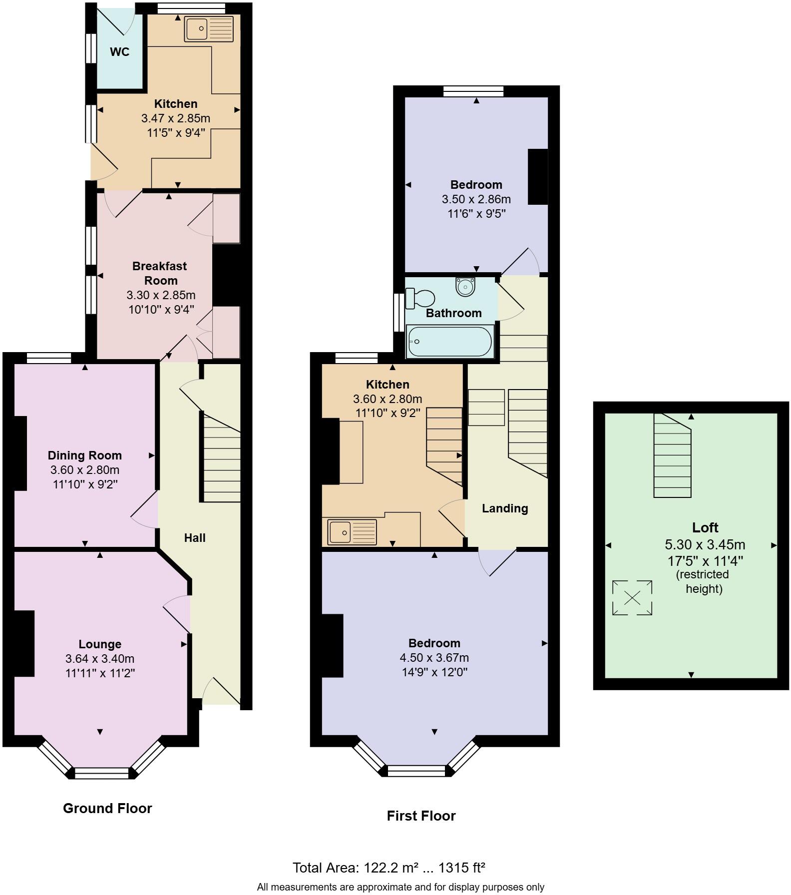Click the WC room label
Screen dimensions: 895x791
coord(119,52)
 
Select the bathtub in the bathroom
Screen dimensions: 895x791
coord(450,342)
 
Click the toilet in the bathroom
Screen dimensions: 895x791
coord(420,299)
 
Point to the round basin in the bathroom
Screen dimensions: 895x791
coord(465,287)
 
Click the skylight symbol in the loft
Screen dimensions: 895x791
coord(632,597)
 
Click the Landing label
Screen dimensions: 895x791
coord(505,508)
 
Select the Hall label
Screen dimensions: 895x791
coord(195,538)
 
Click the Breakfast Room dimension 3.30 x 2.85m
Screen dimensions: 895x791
coord(161,295)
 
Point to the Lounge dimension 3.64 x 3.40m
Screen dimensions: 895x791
coord(100,659)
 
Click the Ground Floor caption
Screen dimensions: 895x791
coord(107,808)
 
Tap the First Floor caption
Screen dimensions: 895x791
coord(421,816)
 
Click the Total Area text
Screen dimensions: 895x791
coord(389,868)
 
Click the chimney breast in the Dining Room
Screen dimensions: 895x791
coord(19,453)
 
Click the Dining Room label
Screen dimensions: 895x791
coord(85,455)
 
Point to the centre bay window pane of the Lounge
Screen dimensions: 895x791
coord(101,774)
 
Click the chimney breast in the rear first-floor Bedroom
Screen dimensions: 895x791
coord(538,177)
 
